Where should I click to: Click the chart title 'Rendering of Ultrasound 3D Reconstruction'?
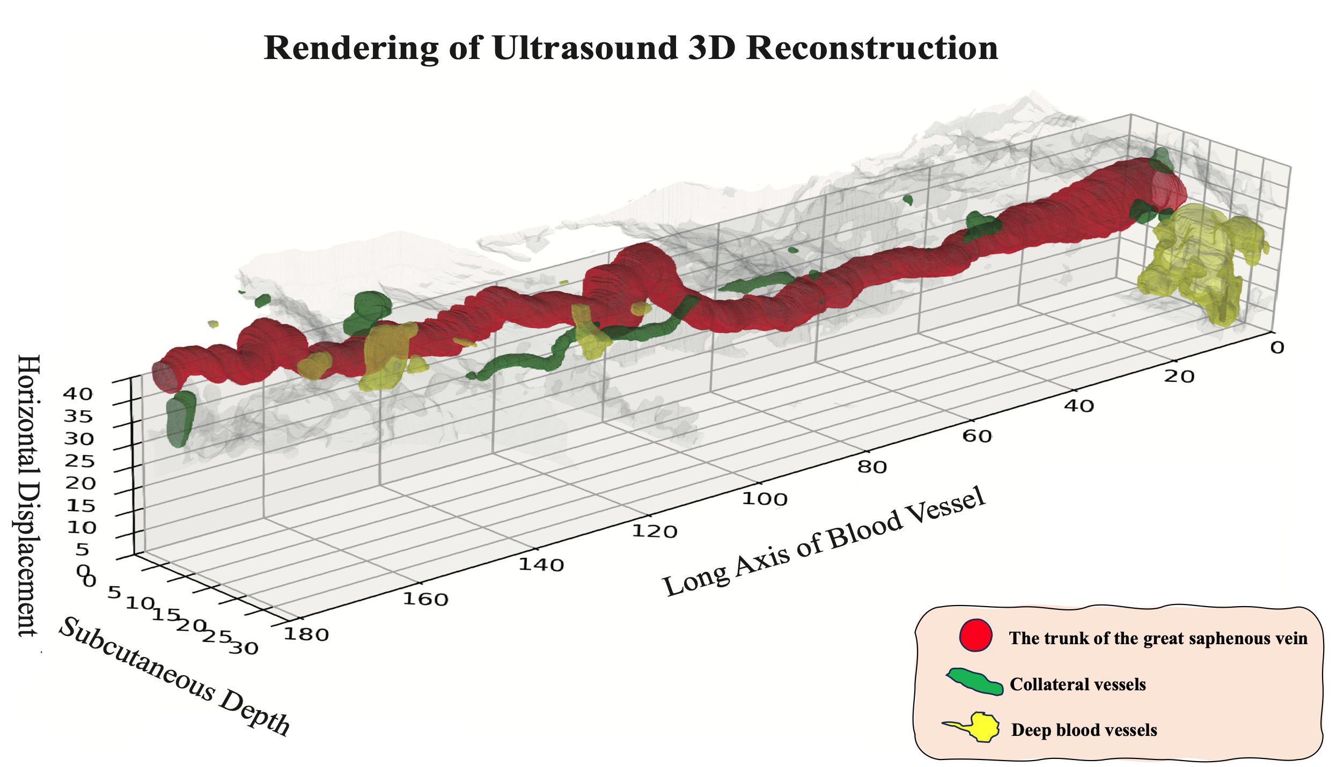click(630, 48)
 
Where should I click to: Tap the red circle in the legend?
click(975, 636)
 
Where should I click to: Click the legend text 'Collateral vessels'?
click(1077, 684)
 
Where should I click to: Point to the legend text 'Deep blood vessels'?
click(1084, 730)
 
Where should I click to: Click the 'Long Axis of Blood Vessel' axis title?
click(824, 542)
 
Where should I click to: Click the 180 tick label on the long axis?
click(306, 635)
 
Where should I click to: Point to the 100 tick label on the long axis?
click(764, 499)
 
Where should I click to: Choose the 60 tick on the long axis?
click(977, 436)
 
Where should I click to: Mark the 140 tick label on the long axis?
click(541, 564)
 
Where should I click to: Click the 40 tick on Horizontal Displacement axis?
click(78, 394)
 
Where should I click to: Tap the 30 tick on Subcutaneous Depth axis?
click(244, 648)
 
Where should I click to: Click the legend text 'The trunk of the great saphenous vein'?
click(1158, 638)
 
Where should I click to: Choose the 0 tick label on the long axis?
click(1277, 348)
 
